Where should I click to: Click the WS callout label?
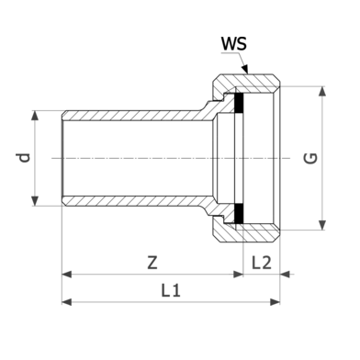coord(234,44)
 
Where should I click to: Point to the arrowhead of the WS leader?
coord(245,69)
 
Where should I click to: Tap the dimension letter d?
coord(24,158)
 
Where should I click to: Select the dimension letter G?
coord(310,158)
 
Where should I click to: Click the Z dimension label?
coord(152,263)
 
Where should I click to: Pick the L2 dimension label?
coord(261,263)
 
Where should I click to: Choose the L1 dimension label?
coord(171,290)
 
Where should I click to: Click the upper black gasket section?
coord(239,102)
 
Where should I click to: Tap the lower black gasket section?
coord(239,214)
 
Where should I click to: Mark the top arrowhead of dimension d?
coord(35,116)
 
